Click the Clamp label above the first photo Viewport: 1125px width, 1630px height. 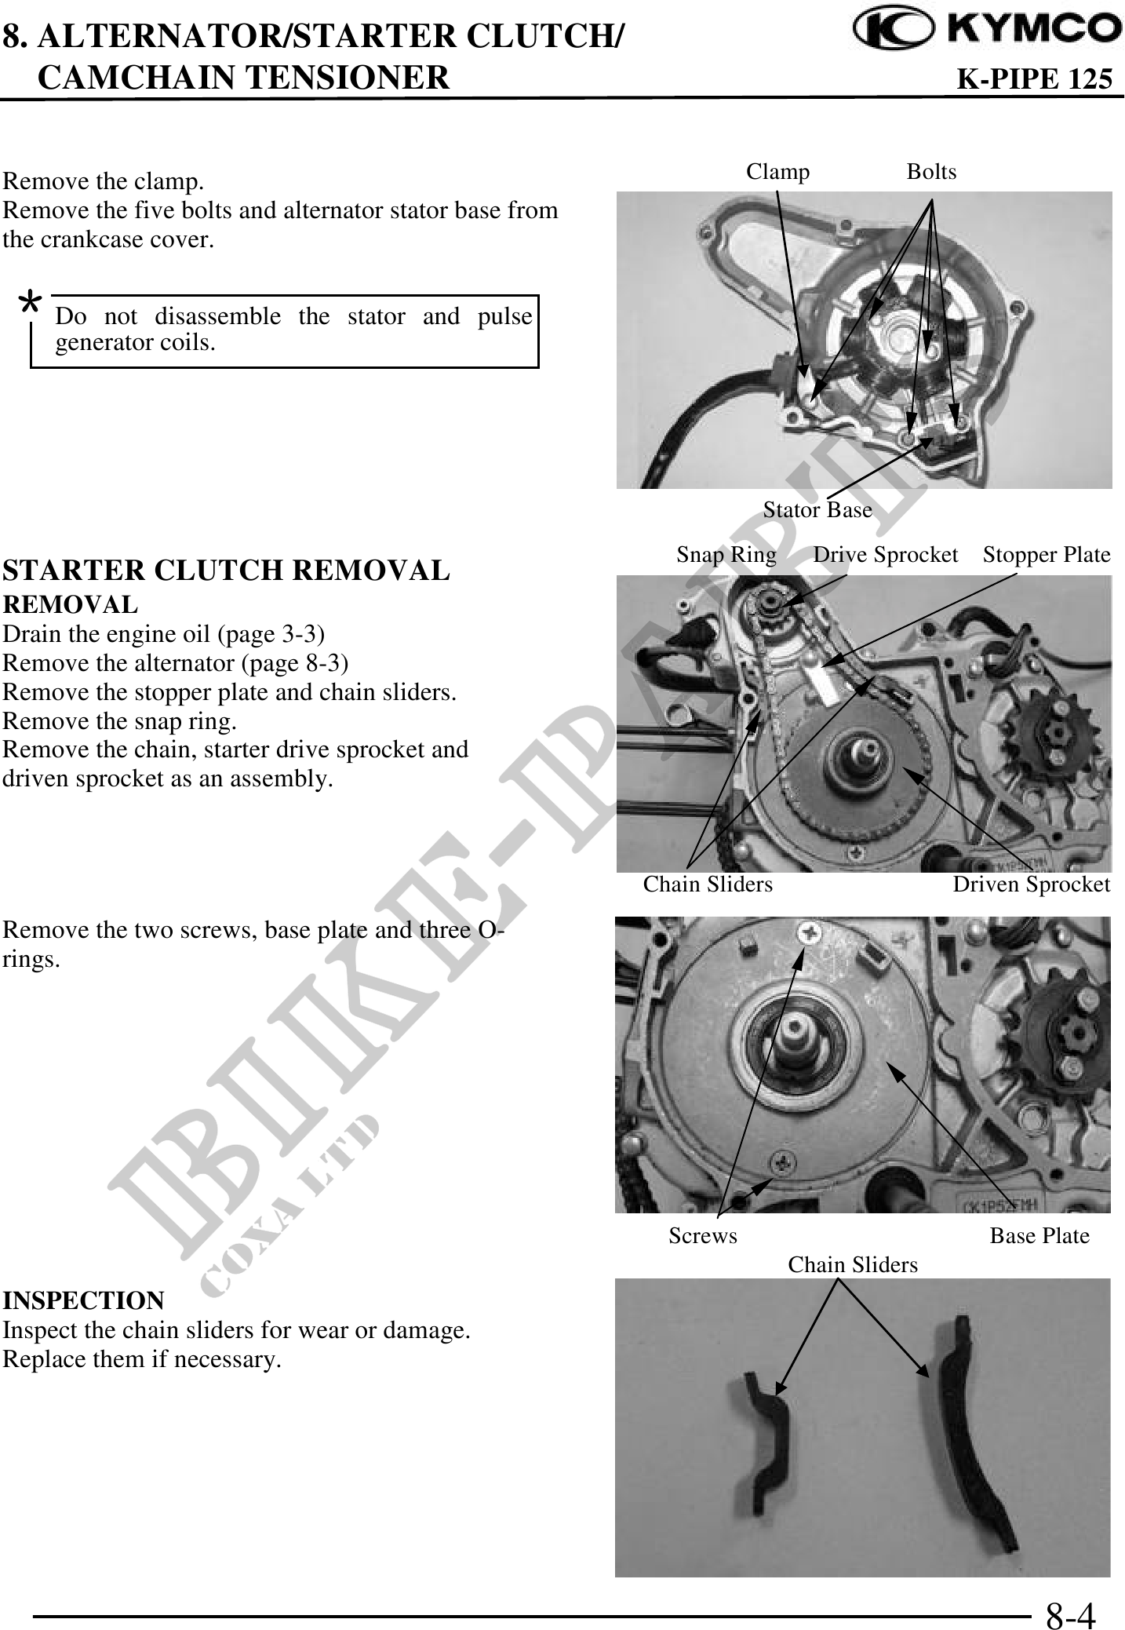tap(777, 172)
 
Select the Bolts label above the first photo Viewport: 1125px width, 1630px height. tap(931, 172)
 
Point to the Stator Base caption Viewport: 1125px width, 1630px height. tap(817, 510)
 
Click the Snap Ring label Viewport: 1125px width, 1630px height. tap(726, 555)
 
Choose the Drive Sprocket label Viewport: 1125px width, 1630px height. tap(886, 555)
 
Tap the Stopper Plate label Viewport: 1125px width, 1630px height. tap(1047, 555)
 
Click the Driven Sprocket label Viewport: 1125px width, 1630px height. tap(1031, 884)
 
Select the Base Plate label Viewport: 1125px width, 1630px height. tap(1039, 1236)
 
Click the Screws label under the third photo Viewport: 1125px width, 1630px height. tap(703, 1236)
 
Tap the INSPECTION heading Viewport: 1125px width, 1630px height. tap(84, 1300)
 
